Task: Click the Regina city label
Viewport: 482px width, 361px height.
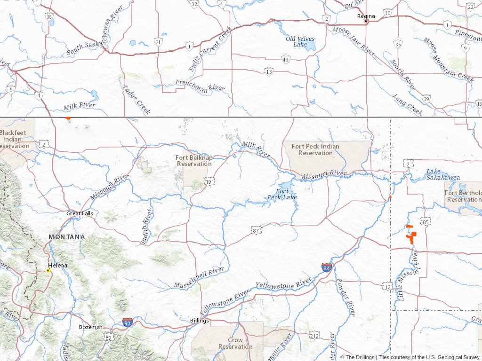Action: coord(366,16)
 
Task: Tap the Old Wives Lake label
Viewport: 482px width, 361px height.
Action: coord(300,42)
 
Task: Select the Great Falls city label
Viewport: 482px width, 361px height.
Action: coord(80,213)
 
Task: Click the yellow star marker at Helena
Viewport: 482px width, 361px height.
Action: coord(48,270)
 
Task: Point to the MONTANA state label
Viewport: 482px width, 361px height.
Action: coord(67,237)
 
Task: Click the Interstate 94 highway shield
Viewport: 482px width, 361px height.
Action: coord(327,267)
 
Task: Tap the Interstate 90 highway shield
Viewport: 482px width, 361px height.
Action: coord(127,322)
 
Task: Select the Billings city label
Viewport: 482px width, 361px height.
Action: coord(199,321)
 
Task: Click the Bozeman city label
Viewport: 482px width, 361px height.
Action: coord(90,327)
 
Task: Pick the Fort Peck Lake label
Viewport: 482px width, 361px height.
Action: coord(282,194)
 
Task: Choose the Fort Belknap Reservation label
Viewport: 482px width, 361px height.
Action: coord(194,161)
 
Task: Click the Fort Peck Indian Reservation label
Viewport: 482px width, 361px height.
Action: coord(315,149)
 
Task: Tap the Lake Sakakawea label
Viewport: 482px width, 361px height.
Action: coord(443,174)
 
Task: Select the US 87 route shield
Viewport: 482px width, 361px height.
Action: coord(256,230)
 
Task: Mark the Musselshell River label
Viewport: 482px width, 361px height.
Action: coord(199,278)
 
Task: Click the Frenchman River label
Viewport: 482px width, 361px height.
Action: coord(200,85)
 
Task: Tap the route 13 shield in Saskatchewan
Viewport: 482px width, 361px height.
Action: coord(269,72)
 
